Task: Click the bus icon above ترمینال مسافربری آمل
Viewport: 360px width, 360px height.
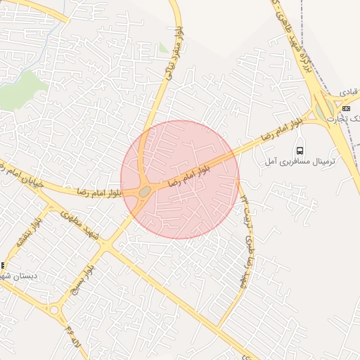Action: [301, 150]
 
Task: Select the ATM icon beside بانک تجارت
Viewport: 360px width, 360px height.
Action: [346, 108]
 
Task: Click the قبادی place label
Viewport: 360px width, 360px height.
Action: [349, 92]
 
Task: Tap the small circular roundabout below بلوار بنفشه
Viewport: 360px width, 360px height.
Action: [54, 309]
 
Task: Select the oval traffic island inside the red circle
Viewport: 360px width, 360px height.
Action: [145, 191]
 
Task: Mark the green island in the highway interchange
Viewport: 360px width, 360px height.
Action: [326, 110]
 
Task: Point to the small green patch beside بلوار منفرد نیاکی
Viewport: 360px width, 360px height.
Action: [163, 49]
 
